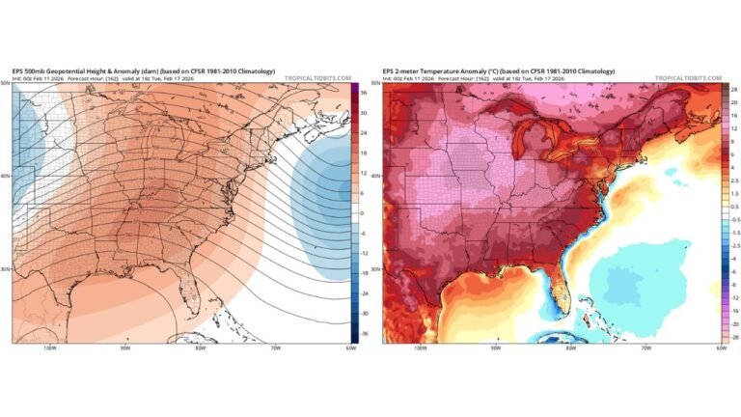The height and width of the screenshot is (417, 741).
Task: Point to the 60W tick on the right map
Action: point(721,348)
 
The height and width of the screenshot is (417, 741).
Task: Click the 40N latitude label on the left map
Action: point(6,177)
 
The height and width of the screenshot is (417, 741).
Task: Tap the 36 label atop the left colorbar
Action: point(363,89)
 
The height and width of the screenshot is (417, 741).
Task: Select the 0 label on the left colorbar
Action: point(362,212)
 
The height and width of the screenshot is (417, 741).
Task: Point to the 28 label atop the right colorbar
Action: point(733,89)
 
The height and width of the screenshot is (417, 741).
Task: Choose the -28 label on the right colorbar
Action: point(733,338)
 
